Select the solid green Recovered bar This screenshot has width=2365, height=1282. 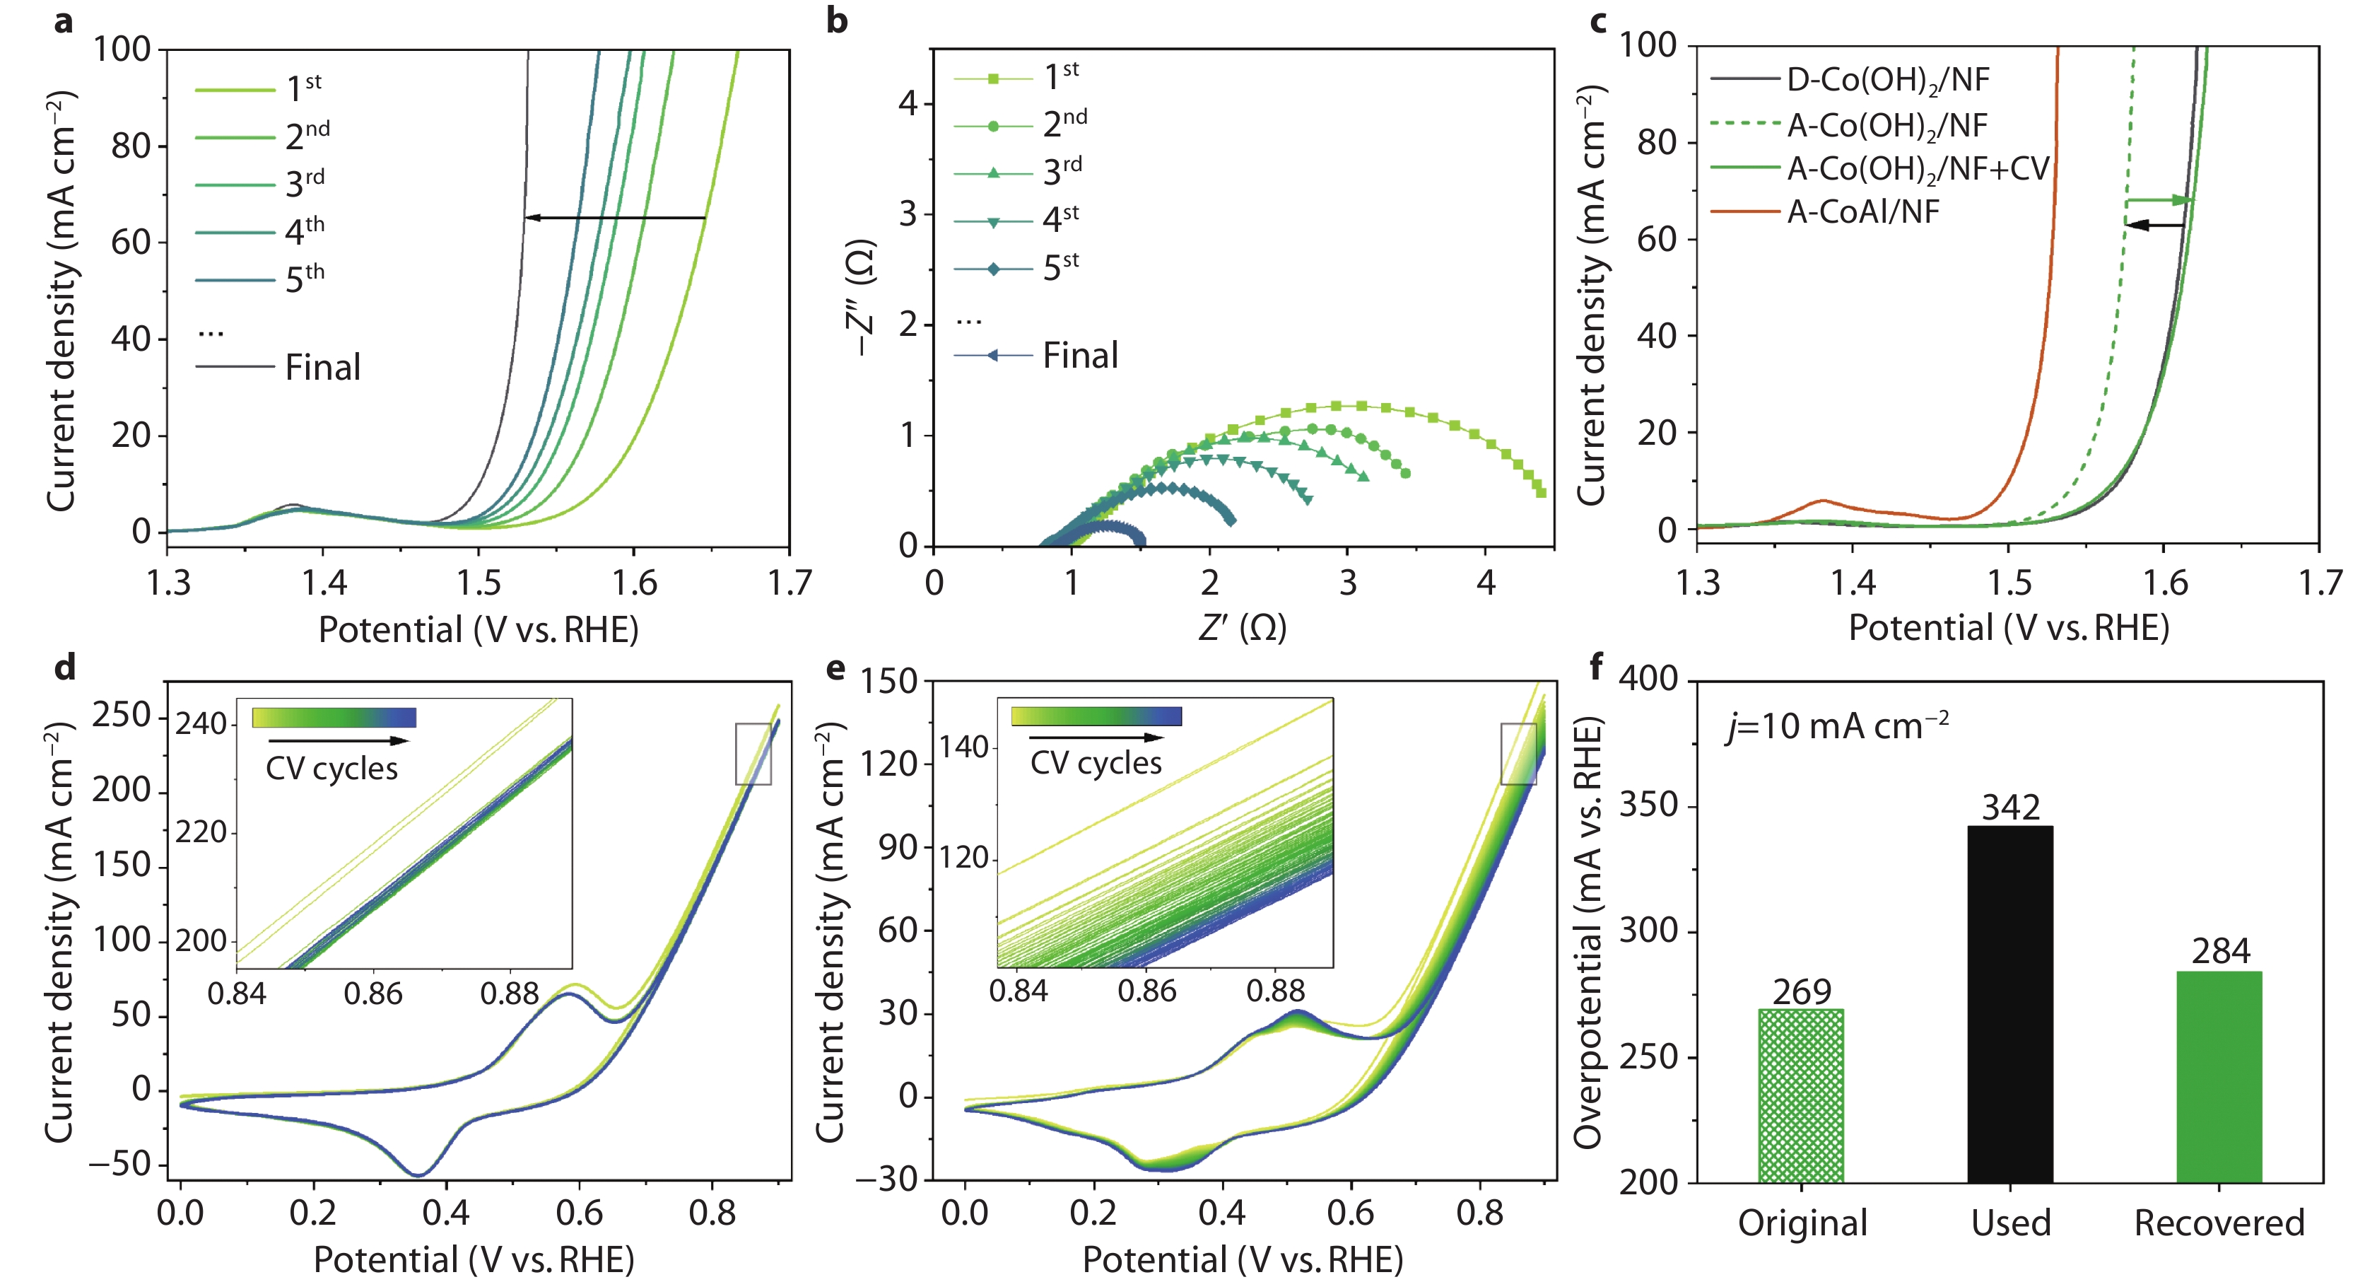2219,1076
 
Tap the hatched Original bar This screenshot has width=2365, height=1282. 1800,1095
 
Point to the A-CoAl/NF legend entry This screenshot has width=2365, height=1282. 1862,212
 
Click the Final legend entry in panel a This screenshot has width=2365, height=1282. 322,367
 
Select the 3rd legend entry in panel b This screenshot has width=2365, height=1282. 1062,172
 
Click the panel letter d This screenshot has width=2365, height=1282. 64,668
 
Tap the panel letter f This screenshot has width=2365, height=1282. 1597,666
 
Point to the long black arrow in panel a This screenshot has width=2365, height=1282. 615,218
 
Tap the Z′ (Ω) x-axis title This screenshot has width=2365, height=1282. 1242,628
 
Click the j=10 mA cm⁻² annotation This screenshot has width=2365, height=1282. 1837,726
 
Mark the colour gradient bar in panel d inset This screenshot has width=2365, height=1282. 334,717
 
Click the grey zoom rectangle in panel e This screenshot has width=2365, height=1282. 1518,754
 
